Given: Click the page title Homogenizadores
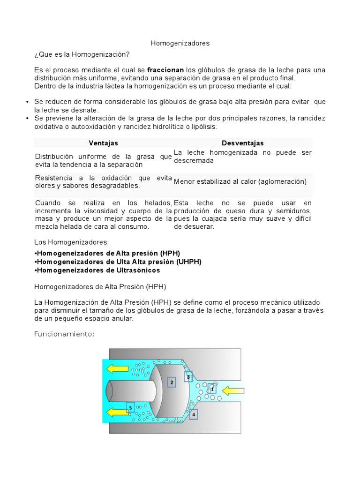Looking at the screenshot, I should [x=180, y=43].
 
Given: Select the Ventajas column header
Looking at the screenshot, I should [x=103, y=143].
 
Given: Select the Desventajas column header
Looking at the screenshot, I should [x=242, y=143].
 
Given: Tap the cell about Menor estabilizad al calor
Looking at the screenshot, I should [x=240, y=181].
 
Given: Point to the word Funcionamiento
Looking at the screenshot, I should [x=65, y=334].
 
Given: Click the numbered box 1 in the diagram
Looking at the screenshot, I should [x=212, y=389].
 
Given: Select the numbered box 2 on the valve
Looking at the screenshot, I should [x=172, y=382].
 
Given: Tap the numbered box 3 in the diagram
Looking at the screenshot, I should [x=188, y=376].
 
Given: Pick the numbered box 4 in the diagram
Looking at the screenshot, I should [x=193, y=413].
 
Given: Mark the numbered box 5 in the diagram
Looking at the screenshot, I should [x=130, y=408].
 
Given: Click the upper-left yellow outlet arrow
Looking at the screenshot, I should [x=118, y=368].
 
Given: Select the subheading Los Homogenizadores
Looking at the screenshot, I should [x=71, y=242].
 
